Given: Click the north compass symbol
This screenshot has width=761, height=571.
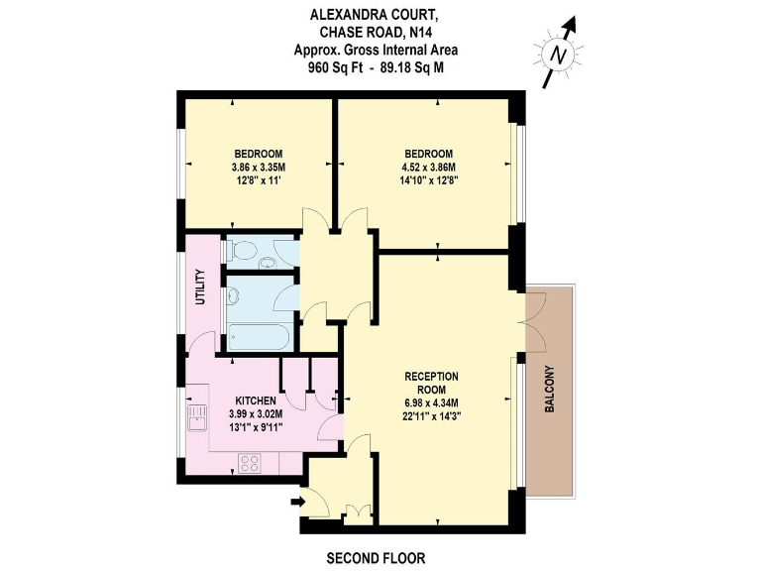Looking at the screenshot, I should click(561, 54).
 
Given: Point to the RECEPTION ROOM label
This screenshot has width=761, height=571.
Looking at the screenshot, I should click(431, 383).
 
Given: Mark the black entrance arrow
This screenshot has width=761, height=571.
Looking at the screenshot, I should click(296, 504).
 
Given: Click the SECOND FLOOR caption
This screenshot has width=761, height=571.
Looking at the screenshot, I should click(376, 558).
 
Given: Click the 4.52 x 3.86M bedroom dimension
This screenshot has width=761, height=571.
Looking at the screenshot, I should click(429, 167).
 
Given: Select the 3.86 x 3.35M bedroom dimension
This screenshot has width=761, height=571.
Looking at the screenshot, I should click(259, 167).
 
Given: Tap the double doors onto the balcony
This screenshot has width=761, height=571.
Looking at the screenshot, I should click(532, 321).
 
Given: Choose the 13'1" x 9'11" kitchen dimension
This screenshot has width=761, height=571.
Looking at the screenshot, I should click(257, 427).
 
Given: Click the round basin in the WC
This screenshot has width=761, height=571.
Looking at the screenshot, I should click(267, 262).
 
